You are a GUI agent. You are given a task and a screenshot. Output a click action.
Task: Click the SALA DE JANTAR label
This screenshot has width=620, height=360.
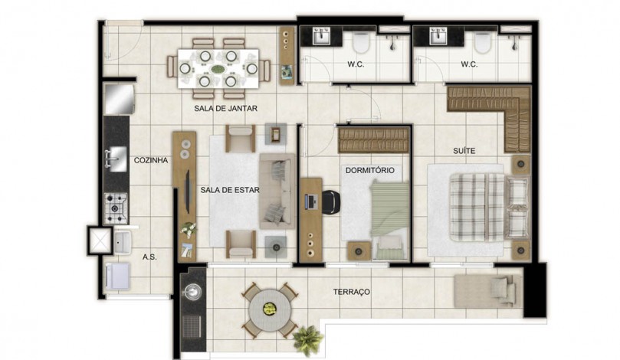(225, 108)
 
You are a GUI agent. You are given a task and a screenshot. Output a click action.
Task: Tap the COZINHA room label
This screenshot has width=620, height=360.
(151, 160)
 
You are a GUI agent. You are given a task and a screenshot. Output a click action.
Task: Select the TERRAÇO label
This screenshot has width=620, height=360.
(352, 292)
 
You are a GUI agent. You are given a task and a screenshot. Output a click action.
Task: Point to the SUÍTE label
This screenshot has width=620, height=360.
(464, 151)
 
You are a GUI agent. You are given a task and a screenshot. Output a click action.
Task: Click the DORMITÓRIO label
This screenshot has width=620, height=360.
(369, 170)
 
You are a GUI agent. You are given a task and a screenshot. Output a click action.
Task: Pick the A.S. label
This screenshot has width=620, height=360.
(149, 257)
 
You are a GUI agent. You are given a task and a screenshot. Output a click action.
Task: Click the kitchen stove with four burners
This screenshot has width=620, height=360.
(116, 208)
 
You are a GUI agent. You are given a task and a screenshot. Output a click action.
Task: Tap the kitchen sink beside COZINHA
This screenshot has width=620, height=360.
(116, 159)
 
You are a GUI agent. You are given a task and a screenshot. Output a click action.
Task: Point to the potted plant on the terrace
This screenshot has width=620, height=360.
(307, 339)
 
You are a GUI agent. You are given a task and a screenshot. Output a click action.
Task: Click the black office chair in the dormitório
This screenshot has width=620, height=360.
(331, 202)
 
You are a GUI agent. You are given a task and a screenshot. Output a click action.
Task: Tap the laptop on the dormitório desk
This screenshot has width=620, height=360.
(310, 202)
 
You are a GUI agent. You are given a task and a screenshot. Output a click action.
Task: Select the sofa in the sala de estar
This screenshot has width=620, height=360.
(277, 191)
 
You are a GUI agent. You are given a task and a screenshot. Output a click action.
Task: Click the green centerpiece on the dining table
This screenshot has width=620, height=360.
(218, 69)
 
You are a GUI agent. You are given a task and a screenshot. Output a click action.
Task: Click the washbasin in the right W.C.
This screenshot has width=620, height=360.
(438, 36)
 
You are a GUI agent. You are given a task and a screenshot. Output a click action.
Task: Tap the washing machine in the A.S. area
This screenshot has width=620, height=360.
(117, 276)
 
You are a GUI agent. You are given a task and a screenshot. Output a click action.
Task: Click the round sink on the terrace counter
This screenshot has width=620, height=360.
(192, 291)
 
